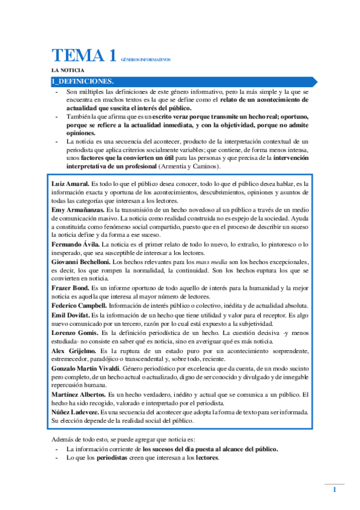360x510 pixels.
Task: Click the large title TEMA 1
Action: pyautogui.click(x=84, y=56)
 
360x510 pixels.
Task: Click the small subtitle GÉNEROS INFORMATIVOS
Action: pyautogui.click(x=146, y=60)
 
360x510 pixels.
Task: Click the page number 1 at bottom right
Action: pyautogui.click(x=334, y=491)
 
